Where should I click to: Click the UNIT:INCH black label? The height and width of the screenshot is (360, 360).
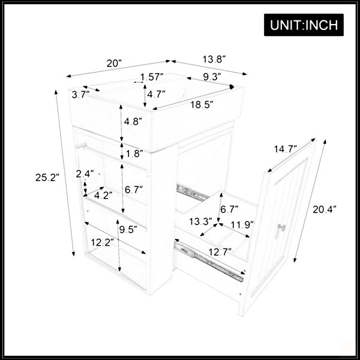(x=304, y=25)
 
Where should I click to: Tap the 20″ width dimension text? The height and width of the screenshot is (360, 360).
(x=114, y=64)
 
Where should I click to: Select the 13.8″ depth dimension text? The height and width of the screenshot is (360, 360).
(x=214, y=59)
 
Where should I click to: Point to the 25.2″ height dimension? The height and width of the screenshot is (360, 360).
(x=47, y=178)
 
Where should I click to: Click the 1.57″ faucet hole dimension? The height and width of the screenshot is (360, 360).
(x=152, y=77)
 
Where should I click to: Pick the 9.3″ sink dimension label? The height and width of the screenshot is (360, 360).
(x=212, y=77)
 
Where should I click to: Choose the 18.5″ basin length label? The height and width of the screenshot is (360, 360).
(x=202, y=104)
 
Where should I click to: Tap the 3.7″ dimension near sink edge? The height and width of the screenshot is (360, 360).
(x=80, y=94)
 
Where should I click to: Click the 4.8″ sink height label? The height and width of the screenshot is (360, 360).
(x=133, y=121)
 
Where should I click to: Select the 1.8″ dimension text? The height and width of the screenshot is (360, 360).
(x=134, y=154)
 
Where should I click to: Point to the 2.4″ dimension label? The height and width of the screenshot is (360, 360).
(x=85, y=174)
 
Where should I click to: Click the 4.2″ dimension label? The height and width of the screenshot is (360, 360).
(x=103, y=196)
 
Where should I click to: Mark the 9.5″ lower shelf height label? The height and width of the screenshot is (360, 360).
(x=128, y=229)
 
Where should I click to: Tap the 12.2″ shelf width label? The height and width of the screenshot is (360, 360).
(x=103, y=242)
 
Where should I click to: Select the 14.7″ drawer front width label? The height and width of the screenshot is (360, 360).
(x=286, y=149)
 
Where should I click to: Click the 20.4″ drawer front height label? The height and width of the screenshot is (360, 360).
(x=325, y=209)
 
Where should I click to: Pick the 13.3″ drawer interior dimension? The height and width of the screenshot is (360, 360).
(x=200, y=221)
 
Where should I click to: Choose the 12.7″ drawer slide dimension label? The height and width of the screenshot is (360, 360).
(x=220, y=252)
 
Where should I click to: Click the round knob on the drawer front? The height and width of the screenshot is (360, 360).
(x=282, y=228)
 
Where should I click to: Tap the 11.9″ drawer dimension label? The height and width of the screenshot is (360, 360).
(x=242, y=225)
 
